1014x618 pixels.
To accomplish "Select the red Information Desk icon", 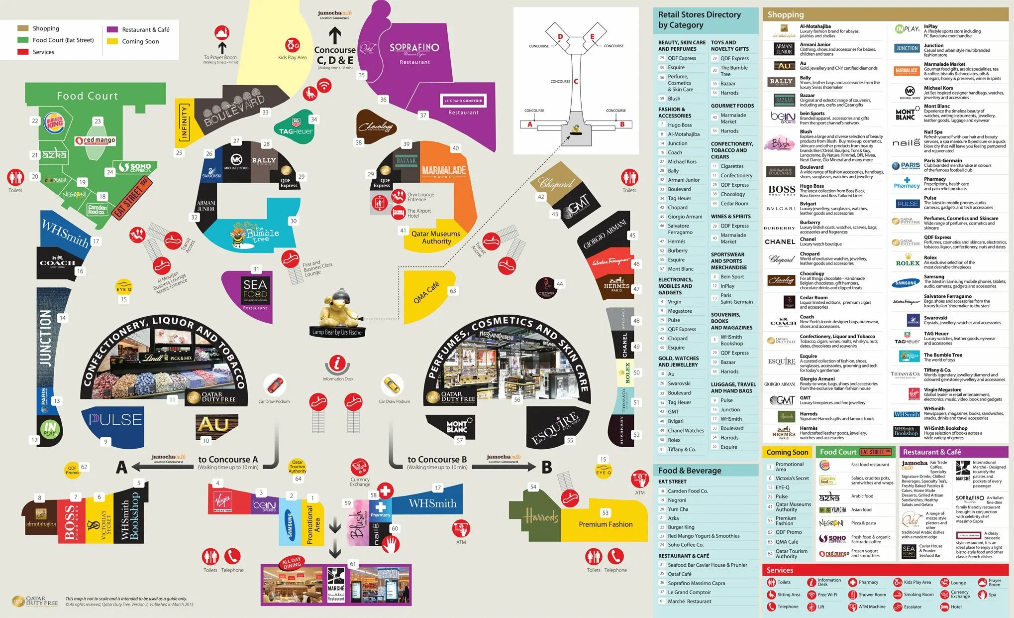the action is click(337, 363).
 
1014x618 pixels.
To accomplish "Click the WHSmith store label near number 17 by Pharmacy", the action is click(432, 503).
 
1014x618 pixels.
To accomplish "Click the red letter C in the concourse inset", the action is click(576, 81).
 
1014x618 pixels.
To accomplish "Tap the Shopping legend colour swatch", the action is click(23, 28).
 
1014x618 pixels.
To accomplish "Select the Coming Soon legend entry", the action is click(140, 41).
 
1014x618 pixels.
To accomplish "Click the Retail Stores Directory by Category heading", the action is click(699, 20).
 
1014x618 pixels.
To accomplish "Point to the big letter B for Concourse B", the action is click(546, 467).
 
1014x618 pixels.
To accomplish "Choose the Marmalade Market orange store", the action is click(444, 171).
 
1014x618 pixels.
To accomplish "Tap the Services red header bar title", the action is click(780, 570).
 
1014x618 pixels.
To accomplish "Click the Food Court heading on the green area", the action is click(88, 96).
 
